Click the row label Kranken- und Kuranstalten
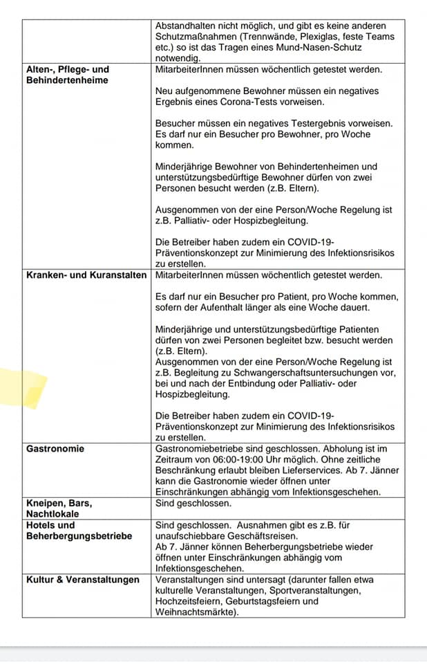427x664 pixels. point(86,275)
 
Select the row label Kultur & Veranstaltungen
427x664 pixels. point(83,580)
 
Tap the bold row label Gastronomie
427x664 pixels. point(55,449)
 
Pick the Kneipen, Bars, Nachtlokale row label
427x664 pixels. point(59,508)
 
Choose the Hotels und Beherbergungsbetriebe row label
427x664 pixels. point(79,531)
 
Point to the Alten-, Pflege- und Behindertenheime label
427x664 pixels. point(68,75)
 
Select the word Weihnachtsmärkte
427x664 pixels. point(197,612)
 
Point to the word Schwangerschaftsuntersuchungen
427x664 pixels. point(305,373)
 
